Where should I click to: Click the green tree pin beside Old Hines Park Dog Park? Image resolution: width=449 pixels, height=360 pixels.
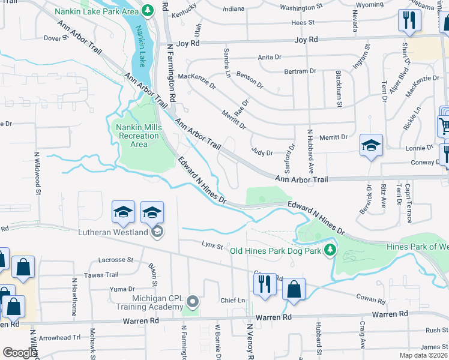(x=329, y=250)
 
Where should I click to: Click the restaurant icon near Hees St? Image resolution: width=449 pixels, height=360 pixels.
(x=409, y=20)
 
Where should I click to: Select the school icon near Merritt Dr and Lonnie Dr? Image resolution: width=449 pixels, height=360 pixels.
(x=371, y=146)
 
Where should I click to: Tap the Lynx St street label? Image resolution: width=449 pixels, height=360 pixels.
(x=212, y=246)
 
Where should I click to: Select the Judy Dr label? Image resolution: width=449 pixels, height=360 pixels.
(x=262, y=153)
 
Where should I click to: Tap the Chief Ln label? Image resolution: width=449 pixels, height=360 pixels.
(x=233, y=300)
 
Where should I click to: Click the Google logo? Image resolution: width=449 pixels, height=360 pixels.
(x=20, y=353)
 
